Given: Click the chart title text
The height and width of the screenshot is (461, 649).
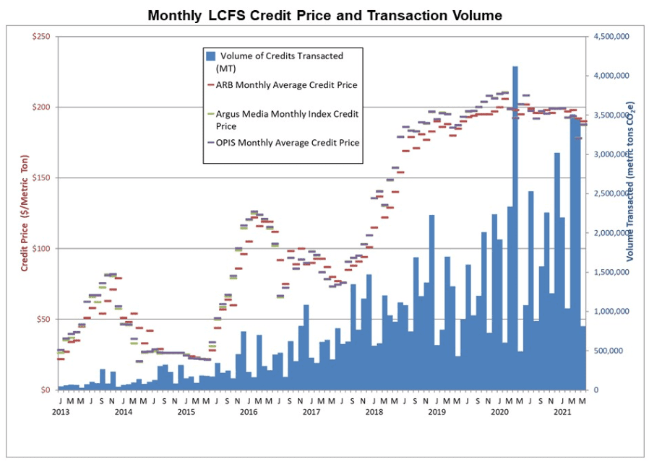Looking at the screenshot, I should (324, 14).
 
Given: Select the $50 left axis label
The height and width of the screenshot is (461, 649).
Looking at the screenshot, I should (42, 320).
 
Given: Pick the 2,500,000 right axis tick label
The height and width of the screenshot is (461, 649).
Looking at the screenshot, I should (612, 193).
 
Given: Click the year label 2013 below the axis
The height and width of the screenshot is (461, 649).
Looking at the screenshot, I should (61, 412).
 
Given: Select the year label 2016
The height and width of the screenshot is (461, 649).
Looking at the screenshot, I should (249, 412).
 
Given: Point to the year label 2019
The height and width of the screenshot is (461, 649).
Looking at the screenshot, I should (437, 412).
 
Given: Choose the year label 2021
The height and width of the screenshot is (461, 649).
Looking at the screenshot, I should (562, 412).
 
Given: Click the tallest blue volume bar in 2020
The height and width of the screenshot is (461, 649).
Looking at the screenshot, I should (515, 216).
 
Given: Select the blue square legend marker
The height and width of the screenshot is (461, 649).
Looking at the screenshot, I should (211, 56).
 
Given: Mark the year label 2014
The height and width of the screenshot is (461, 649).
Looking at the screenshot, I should (124, 412).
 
